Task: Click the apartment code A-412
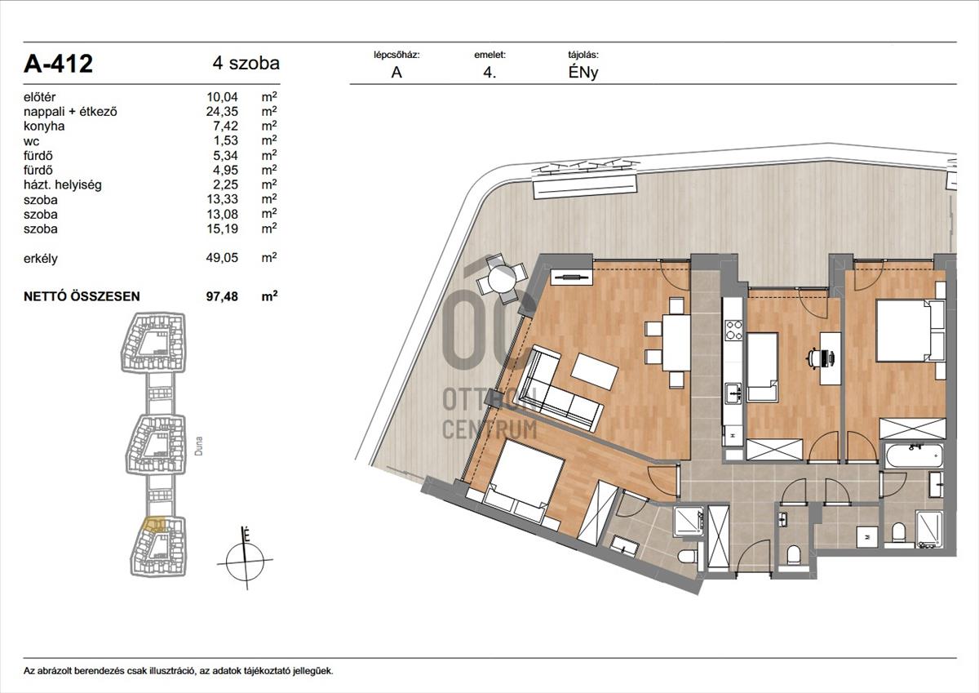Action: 58,64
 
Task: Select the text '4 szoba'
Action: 246,63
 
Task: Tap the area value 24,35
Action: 222,111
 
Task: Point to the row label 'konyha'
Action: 44,126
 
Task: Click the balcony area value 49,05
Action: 222,257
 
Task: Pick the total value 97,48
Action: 222,296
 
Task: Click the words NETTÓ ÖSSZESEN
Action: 82,296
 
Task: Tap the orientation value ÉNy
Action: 583,73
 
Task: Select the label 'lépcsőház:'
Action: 396,55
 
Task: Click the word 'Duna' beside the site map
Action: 199,446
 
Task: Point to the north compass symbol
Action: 246,560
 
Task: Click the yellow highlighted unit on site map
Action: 154,524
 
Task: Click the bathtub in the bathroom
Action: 914,457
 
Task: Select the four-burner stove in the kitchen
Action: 733,330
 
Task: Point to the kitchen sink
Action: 733,393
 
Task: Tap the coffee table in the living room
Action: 595,371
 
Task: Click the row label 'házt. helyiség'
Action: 63,184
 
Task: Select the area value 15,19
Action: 222,229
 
